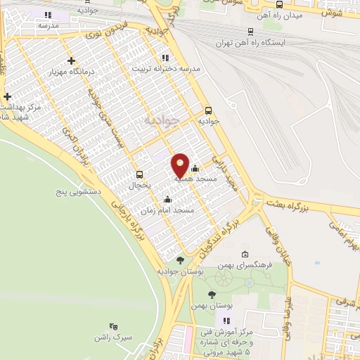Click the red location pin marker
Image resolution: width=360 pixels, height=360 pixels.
pyautogui.click(x=180, y=165)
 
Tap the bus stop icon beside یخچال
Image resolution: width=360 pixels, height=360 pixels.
pyautogui.click(x=139, y=174)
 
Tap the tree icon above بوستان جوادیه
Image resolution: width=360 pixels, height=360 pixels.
pyautogui.click(x=181, y=261)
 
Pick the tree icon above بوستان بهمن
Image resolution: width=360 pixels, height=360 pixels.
pyautogui.click(x=212, y=294)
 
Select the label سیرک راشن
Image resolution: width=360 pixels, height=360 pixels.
pyautogui.click(x=112, y=337)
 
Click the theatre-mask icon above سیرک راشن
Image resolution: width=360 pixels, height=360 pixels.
pyautogui.click(x=113, y=326)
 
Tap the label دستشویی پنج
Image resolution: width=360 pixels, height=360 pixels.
pyautogui.click(x=79, y=191)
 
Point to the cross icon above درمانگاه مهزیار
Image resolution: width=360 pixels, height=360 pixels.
pyautogui.click(x=72, y=60)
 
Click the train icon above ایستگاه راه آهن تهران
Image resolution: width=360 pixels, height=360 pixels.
pyautogui.click(x=251, y=31)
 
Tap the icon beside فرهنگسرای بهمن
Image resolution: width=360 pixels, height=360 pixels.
pyautogui.click(x=245, y=254)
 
